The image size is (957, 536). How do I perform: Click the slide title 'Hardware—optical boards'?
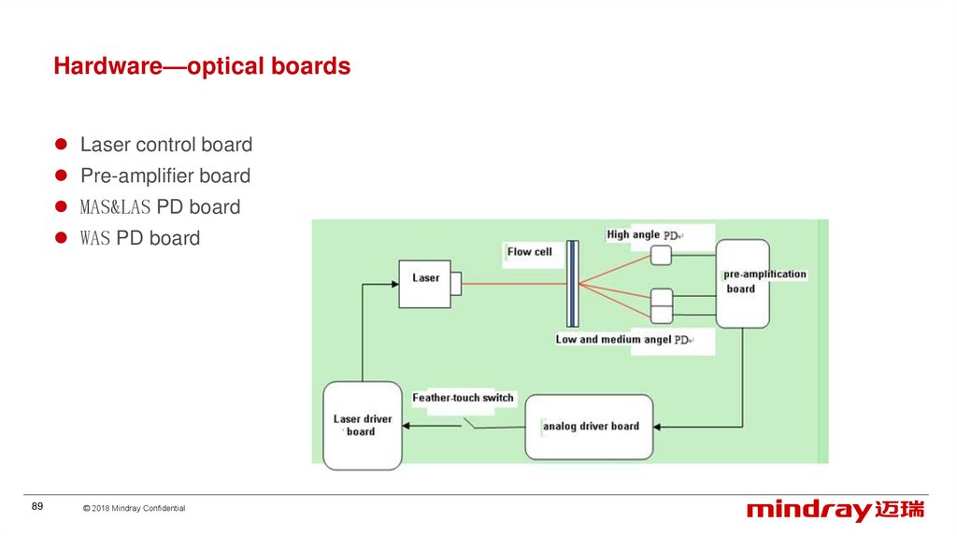point(202,67)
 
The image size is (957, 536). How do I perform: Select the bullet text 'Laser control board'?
point(166,145)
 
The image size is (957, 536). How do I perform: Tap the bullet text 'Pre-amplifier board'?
point(165,176)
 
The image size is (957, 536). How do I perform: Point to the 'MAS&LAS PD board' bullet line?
point(160,207)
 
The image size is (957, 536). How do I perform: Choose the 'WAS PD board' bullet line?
point(140,238)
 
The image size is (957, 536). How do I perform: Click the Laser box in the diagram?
point(426,284)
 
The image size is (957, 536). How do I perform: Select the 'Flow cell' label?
point(530,252)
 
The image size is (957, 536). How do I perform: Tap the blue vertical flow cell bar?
point(572,284)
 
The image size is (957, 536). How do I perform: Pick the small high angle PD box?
point(662,255)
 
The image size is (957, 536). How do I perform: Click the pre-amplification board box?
point(742,283)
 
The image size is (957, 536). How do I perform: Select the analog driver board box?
point(589,427)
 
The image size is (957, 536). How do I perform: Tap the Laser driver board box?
point(362,426)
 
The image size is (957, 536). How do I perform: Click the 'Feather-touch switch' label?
point(463,398)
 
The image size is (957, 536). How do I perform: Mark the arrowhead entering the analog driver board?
point(658,427)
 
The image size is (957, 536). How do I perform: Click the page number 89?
point(37,506)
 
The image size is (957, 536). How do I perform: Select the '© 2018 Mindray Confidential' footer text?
point(134,509)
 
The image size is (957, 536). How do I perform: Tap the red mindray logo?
point(835,510)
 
